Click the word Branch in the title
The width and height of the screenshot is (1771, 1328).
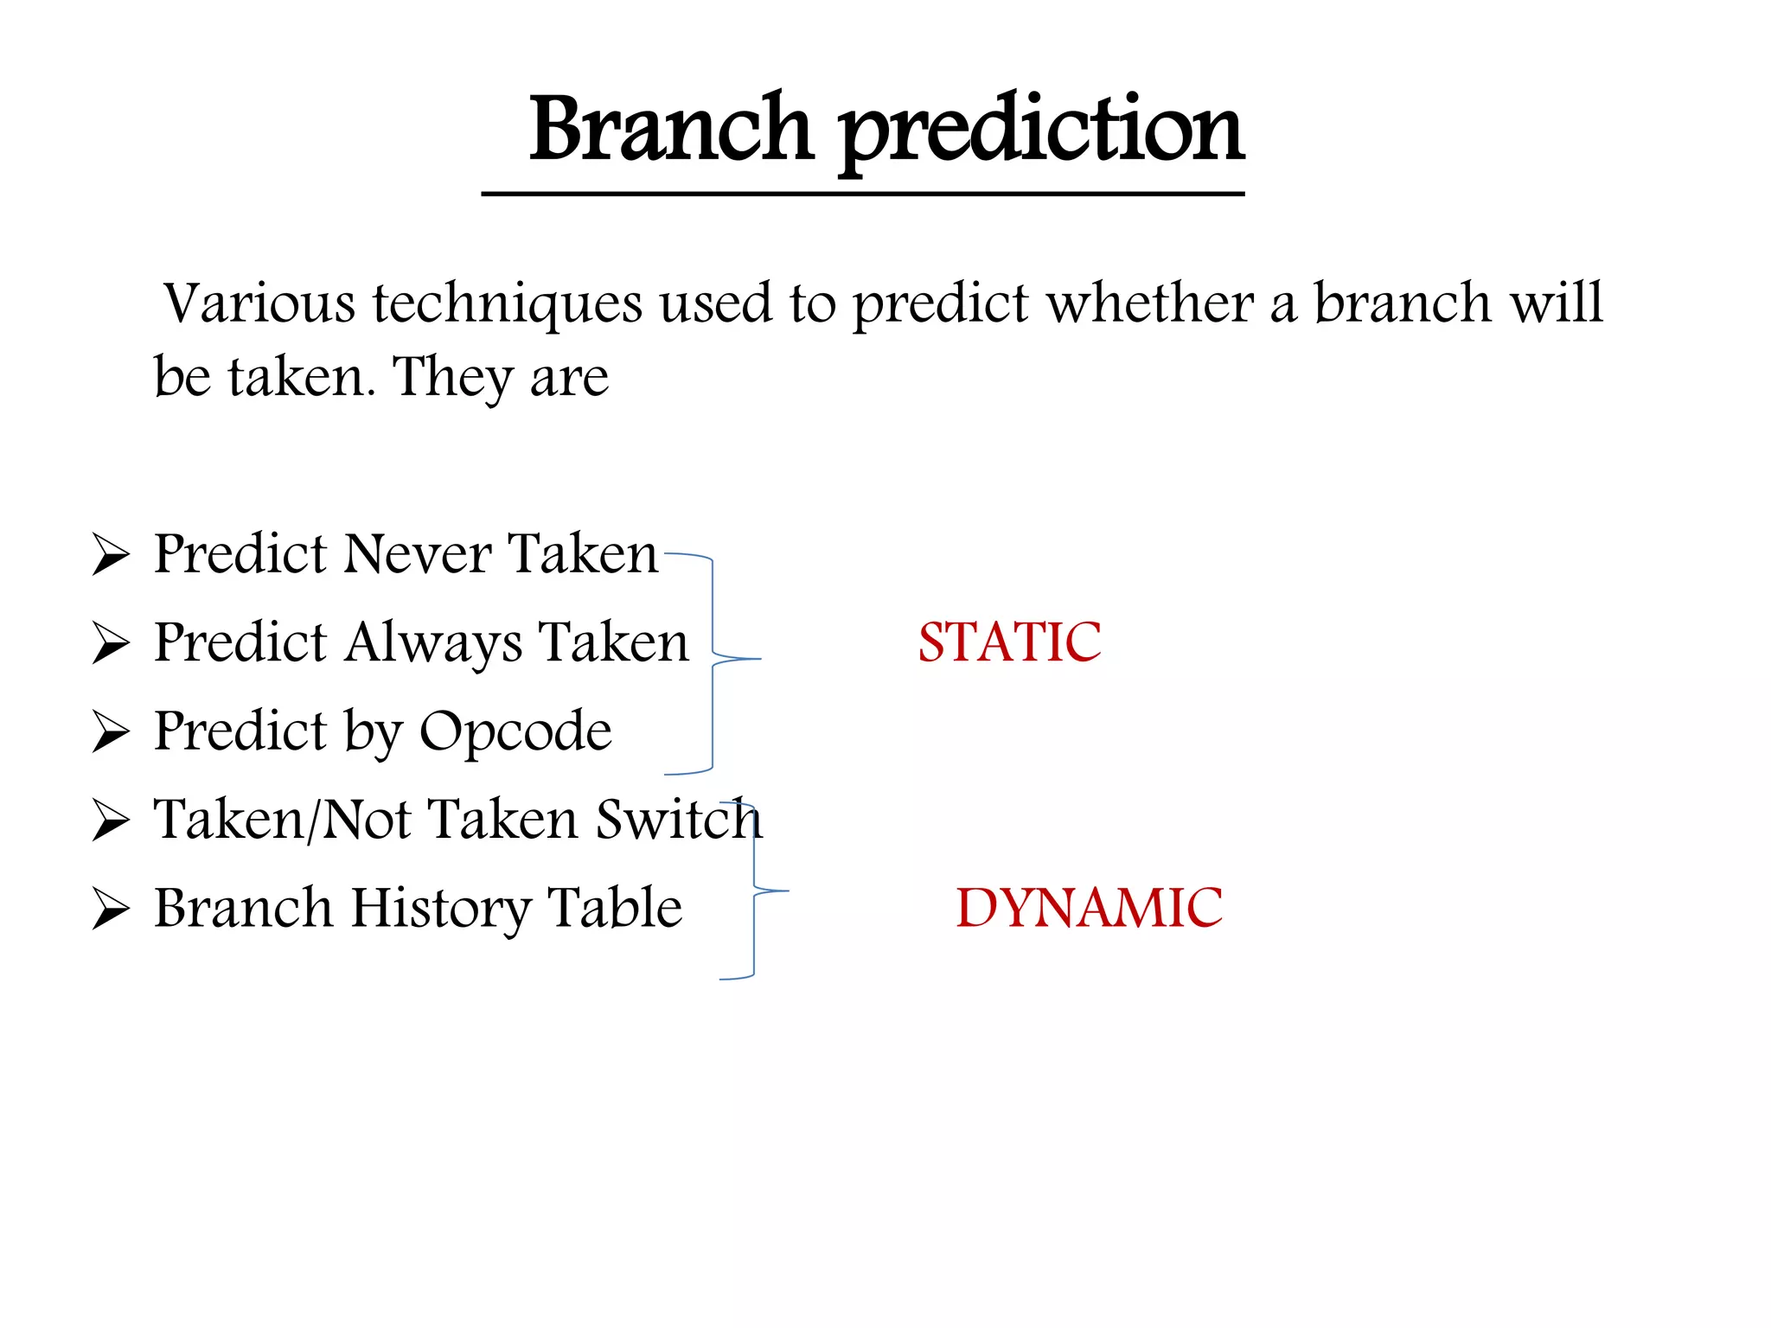tap(670, 130)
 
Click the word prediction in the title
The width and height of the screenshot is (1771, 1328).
tap(1041, 131)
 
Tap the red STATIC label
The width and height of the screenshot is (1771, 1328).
tap(1009, 642)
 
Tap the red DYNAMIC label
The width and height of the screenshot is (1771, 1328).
tap(1089, 908)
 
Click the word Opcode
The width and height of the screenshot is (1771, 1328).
tap(515, 732)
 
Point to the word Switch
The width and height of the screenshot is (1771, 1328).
tap(679, 820)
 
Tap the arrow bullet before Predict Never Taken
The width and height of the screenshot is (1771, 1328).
tap(111, 555)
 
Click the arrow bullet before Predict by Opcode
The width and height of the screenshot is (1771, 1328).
tap(111, 732)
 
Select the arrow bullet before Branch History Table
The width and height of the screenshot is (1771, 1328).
tap(111, 910)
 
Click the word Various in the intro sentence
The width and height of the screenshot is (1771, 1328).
tap(259, 304)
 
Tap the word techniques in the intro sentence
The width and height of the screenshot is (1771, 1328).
tap(508, 304)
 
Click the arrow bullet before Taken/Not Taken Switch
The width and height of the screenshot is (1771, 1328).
tap(111, 820)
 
